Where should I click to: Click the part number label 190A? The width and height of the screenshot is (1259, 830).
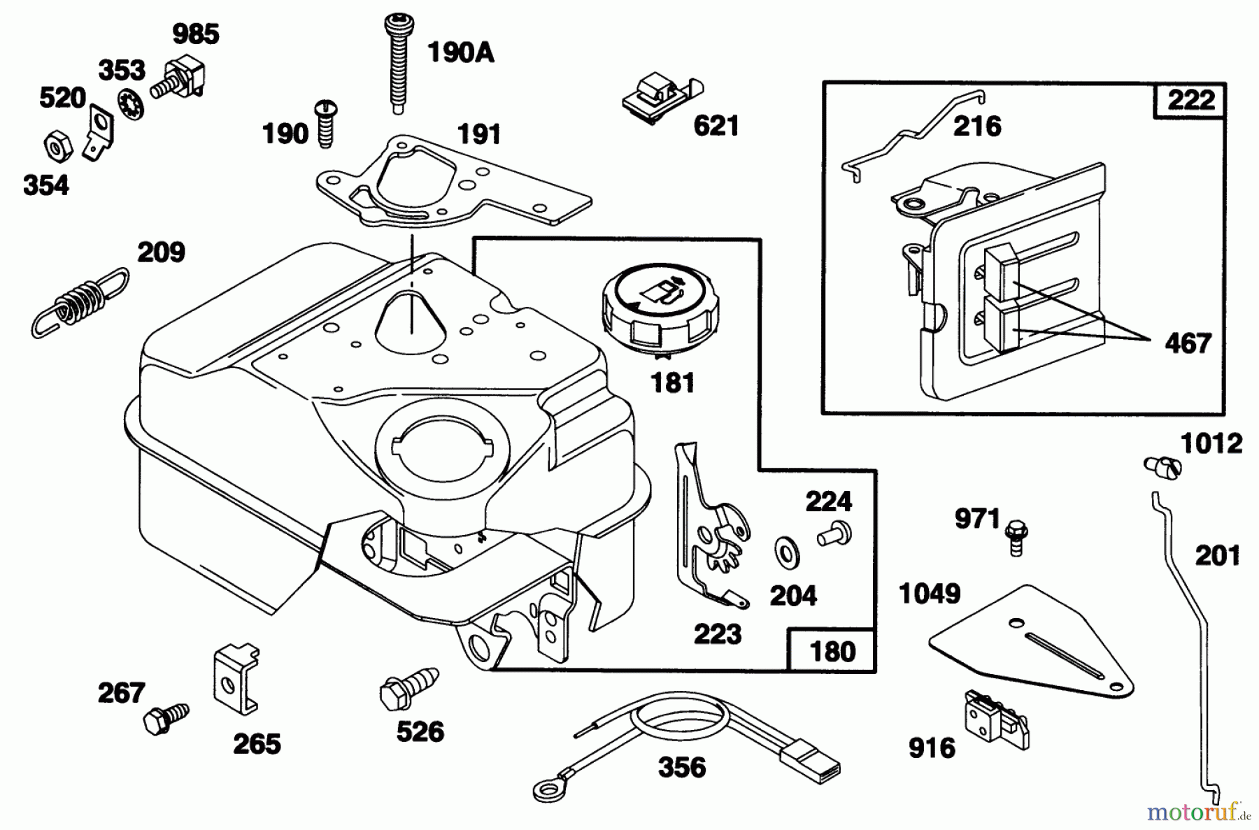(460, 52)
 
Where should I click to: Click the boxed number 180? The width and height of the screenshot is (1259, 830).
(832, 651)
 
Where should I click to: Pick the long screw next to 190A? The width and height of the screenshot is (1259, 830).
(397, 62)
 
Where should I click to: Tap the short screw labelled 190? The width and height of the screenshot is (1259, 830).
(326, 124)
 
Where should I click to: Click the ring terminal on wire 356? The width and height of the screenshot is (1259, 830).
(545, 789)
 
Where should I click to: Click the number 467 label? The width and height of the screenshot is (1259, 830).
(1188, 343)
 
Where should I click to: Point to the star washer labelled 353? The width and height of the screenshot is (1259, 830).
(131, 103)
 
